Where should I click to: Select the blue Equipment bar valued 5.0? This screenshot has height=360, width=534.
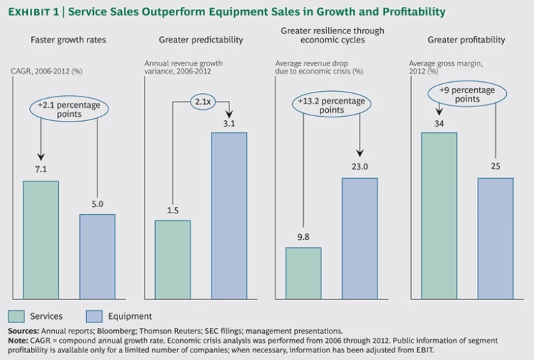pos(97,256)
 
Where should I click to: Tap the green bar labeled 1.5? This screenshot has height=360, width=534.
pos(172,259)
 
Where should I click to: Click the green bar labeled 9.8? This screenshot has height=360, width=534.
pos(303,273)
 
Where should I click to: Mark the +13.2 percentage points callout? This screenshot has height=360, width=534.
pos(332,105)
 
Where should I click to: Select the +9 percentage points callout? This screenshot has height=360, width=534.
pos(467,95)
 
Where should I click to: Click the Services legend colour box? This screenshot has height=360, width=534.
pos(17,316)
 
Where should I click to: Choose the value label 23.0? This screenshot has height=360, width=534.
pos(359,167)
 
